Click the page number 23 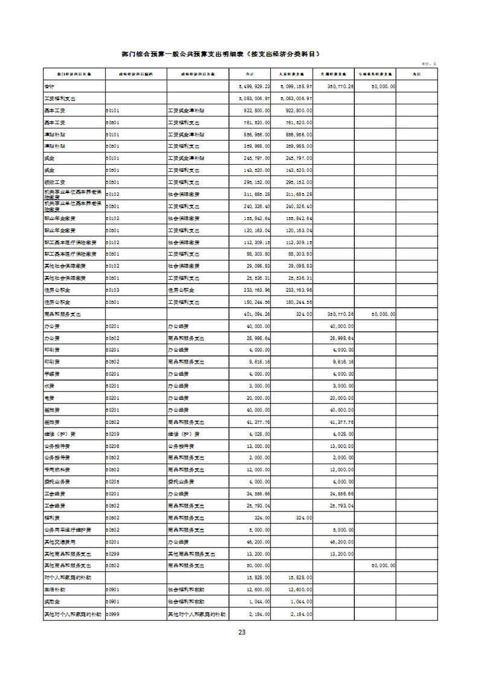click(x=241, y=632)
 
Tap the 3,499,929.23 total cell click(x=255, y=86)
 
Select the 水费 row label click(x=49, y=385)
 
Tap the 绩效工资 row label click(x=53, y=182)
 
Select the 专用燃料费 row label click(x=56, y=469)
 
